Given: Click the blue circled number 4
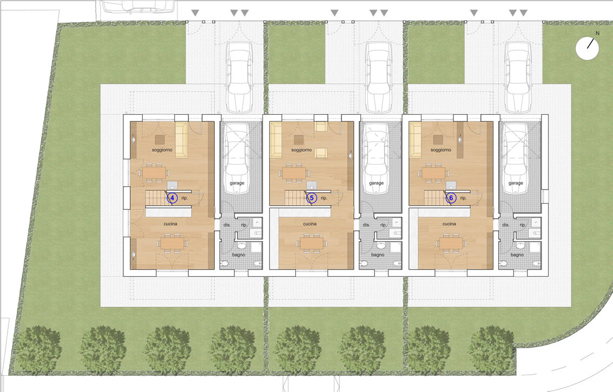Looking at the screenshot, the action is click(173, 198).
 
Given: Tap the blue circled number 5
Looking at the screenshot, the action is click(312, 198).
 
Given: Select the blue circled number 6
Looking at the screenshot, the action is click(451, 198).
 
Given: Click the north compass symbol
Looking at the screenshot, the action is click(588, 48).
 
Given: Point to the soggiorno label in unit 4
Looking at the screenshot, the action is click(162, 150).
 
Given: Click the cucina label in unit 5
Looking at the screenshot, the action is click(309, 224).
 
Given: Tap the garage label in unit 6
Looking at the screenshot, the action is click(516, 183).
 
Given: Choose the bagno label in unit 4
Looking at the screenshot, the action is click(239, 254).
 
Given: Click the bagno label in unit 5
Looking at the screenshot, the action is click(378, 254).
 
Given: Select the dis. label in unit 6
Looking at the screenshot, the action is click(505, 225).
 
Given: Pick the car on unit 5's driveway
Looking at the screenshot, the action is click(378, 77).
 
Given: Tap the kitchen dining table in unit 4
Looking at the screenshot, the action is click(172, 243).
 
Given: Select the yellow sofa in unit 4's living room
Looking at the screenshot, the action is click(181, 140).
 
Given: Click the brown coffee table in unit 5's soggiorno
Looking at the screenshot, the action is click(299, 140).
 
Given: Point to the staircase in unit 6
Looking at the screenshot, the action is click(435, 198).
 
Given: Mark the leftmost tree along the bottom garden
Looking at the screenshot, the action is click(38, 349).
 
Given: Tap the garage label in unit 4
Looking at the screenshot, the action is click(237, 183).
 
